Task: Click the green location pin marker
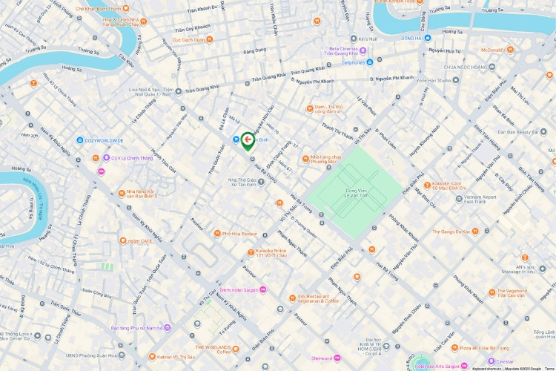pyautogui.click(x=248, y=140)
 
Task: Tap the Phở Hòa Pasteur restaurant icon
pyautogui.click(x=216, y=233)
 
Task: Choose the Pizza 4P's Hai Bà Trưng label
pyautogui.click(x=482, y=347)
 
